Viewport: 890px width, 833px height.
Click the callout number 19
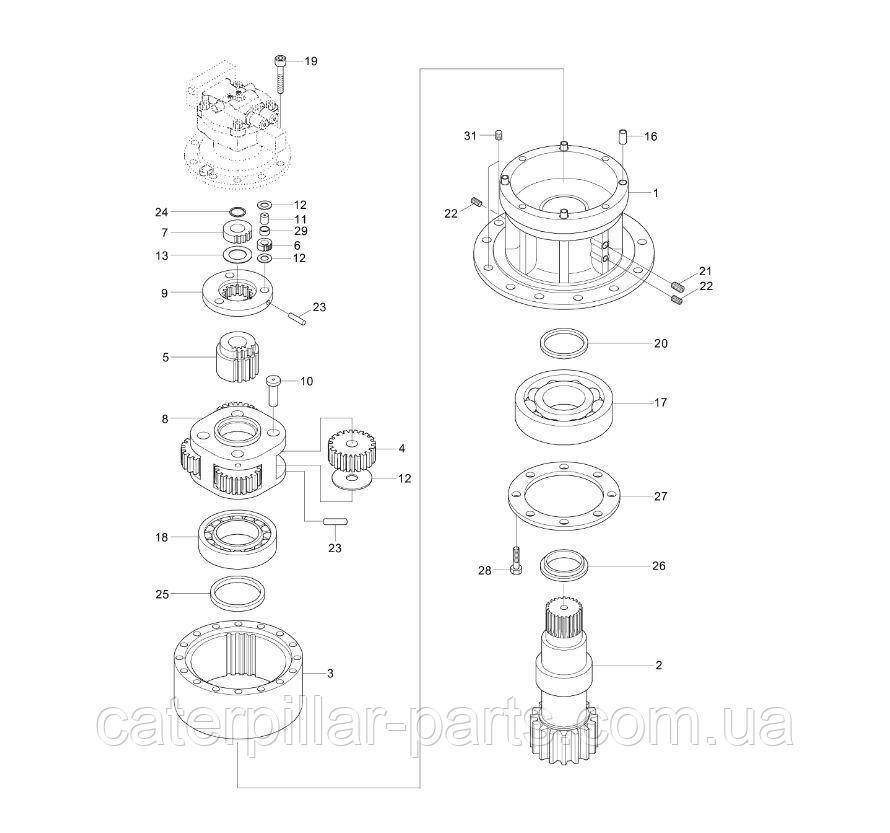coord(311,61)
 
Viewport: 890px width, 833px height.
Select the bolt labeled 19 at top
coord(280,74)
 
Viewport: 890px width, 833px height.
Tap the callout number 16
coord(650,136)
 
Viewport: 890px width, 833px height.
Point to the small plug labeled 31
coord(499,135)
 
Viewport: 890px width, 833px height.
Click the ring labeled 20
coord(563,343)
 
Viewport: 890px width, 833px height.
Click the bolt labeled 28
coord(517,561)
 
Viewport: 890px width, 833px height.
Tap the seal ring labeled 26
coord(564,566)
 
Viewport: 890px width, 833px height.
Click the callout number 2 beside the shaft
coord(658,664)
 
